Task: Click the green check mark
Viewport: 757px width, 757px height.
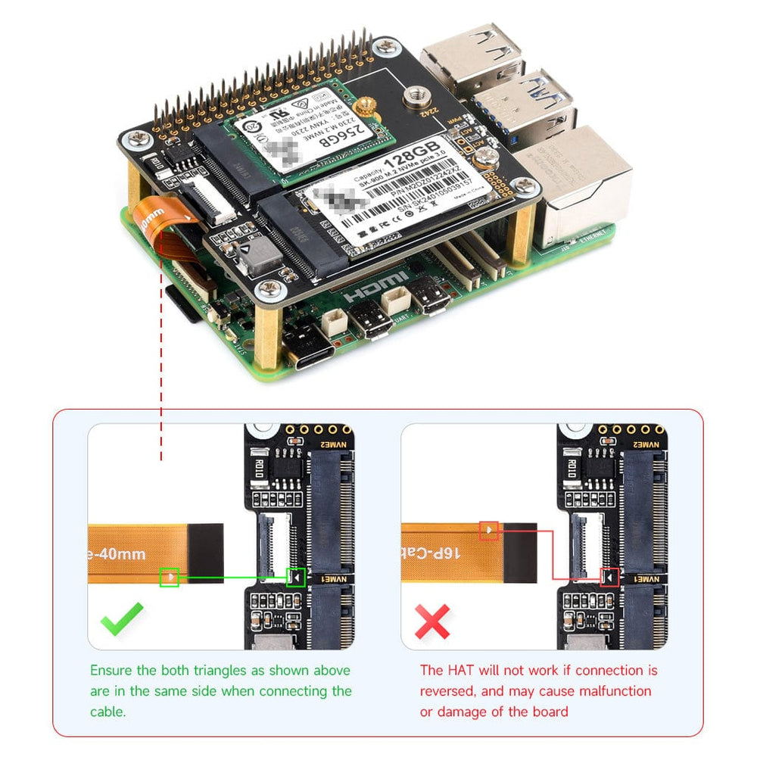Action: pyautogui.click(x=123, y=618)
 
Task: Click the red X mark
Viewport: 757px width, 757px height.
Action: pyautogui.click(x=432, y=621)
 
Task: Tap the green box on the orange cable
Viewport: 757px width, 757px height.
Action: pyautogui.click(x=170, y=578)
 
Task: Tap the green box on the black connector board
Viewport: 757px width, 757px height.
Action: pyautogui.click(x=296, y=578)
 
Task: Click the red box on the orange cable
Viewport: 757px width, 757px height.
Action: pyautogui.click(x=489, y=530)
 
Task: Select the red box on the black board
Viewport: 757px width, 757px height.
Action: pyautogui.click(x=609, y=578)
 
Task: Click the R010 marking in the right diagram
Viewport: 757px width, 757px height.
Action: pyautogui.click(x=571, y=468)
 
